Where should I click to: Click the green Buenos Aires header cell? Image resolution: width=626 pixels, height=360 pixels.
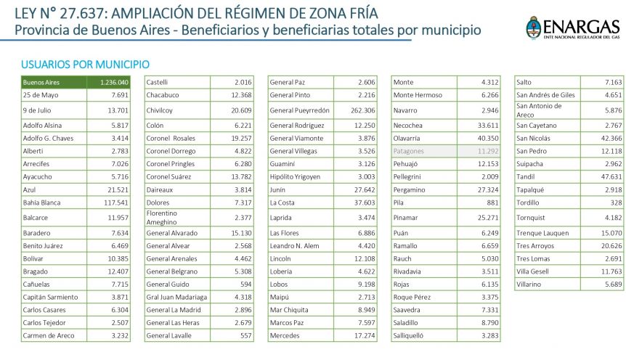pyautogui.click(x=54, y=82)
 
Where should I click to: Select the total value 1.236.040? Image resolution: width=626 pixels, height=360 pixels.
pyautogui.click(x=113, y=82)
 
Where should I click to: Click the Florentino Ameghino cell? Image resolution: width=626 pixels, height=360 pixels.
pyautogui.click(x=168, y=217)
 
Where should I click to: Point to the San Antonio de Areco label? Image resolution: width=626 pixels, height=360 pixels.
pyautogui.click(x=540, y=110)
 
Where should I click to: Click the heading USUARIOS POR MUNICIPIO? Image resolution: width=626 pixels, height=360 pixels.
pyautogui.click(x=86, y=65)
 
